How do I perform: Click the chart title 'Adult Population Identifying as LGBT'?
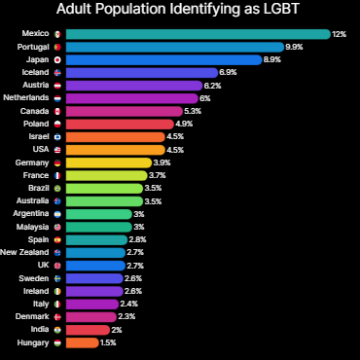click(179, 11)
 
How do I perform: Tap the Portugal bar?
click(175, 47)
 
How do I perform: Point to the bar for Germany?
click(108, 162)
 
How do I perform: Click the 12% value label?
click(340, 34)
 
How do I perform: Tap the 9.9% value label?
click(294, 47)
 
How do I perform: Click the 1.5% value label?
click(108, 342)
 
